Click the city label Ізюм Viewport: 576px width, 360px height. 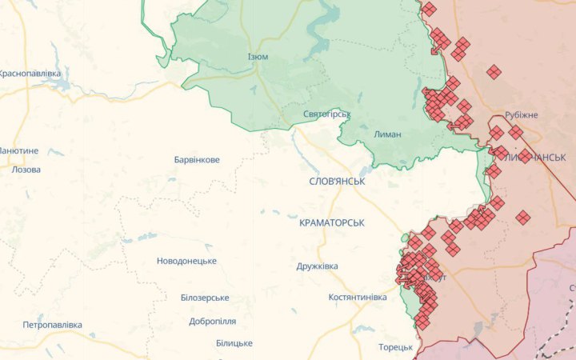(x=258, y=57)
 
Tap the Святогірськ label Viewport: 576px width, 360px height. (x=327, y=114)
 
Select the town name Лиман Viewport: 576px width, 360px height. (x=387, y=134)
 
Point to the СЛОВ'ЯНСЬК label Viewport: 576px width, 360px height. (x=337, y=182)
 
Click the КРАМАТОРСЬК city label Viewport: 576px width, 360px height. (x=331, y=222)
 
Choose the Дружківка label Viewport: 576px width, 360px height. (x=317, y=266)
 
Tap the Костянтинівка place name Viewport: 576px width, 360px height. (x=358, y=297)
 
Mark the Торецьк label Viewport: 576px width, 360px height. (x=395, y=347)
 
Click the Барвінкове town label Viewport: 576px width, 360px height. (x=197, y=159)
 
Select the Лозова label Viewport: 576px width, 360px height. (x=26, y=170)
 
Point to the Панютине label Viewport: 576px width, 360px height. (x=18, y=150)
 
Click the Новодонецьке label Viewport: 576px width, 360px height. (x=186, y=262)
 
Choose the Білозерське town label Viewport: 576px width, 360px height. (x=205, y=298)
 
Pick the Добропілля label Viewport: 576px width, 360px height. (x=212, y=321)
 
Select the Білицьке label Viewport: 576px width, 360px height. (x=234, y=343)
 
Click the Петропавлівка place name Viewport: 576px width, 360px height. (x=52, y=325)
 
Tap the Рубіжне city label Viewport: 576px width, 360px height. (x=522, y=115)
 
